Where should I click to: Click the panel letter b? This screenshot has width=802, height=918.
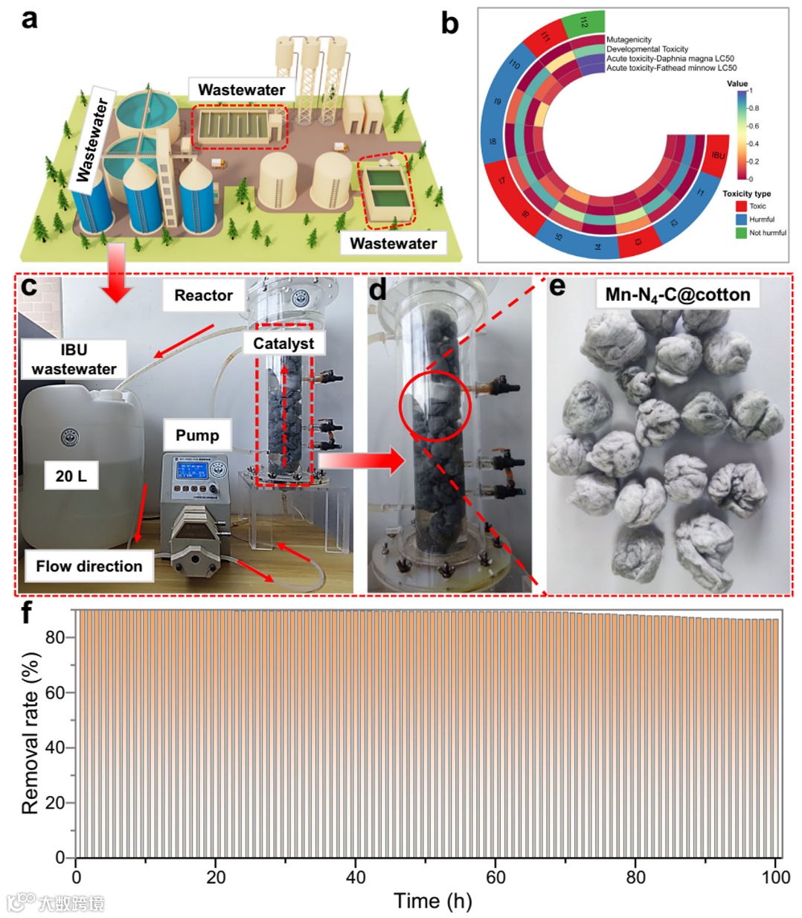pos(449,24)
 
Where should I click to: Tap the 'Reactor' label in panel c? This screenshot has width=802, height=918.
pos(203,295)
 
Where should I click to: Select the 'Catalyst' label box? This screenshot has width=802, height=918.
pos(283,344)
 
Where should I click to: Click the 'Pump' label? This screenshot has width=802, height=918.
pos(197,435)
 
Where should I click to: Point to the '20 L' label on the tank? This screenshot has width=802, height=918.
pos(71,475)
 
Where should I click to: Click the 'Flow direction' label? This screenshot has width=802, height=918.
pos(89,566)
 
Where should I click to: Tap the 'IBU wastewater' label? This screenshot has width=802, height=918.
pos(74,359)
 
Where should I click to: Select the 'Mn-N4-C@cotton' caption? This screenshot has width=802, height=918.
pos(677,295)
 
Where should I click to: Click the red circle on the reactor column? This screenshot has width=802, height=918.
pos(435,406)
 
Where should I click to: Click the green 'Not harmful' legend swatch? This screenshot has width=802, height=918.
pos(741,233)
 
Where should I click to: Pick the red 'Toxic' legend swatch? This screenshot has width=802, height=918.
pos(741,206)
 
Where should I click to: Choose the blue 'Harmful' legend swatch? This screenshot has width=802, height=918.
pos(741,219)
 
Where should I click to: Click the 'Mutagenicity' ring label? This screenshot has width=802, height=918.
pos(629,39)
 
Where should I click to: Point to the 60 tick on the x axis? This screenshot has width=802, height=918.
pos(495,877)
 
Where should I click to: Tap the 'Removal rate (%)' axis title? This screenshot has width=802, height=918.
pos(30,733)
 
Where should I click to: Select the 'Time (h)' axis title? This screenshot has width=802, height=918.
pos(432,901)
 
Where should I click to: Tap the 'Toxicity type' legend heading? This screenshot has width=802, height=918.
pos(746,193)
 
